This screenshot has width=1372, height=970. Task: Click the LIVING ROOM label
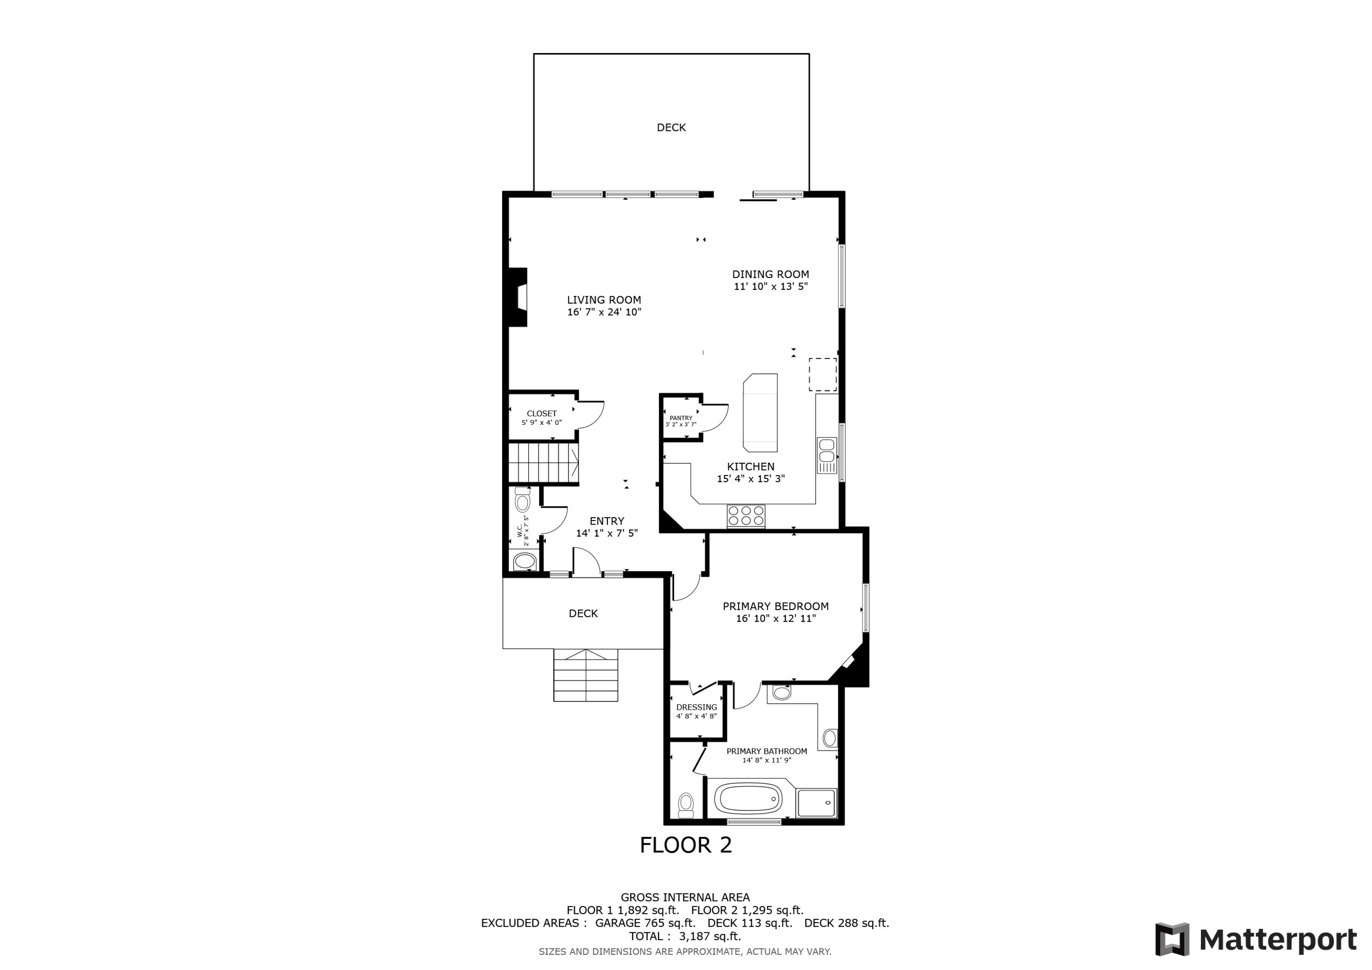click(x=604, y=300)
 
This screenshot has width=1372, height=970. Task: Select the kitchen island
click(x=760, y=413)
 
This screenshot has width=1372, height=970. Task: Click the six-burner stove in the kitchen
click(x=746, y=516)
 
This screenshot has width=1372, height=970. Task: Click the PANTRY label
click(x=681, y=418)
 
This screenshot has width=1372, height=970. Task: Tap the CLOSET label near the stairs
click(x=541, y=413)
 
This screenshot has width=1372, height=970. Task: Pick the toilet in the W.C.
click(x=522, y=500)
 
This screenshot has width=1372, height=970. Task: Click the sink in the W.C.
click(x=525, y=561)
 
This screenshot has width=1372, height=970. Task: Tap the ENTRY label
click(x=606, y=521)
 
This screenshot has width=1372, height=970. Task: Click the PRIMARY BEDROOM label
click(x=775, y=606)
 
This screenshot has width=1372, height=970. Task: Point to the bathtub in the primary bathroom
click(x=748, y=799)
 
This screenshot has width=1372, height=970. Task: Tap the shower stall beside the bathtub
click(x=816, y=802)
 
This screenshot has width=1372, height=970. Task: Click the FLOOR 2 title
click(x=686, y=845)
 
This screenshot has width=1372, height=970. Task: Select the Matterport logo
click(x=1255, y=939)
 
